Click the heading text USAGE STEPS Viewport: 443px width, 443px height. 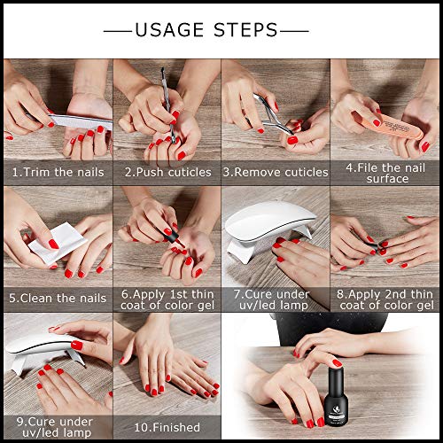pos(220,29)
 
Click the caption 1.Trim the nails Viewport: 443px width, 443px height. pos(57,172)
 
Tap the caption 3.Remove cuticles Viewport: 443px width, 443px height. pos(275,172)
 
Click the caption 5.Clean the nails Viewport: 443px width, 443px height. pos(57,299)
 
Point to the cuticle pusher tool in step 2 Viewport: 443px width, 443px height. pos(165,89)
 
